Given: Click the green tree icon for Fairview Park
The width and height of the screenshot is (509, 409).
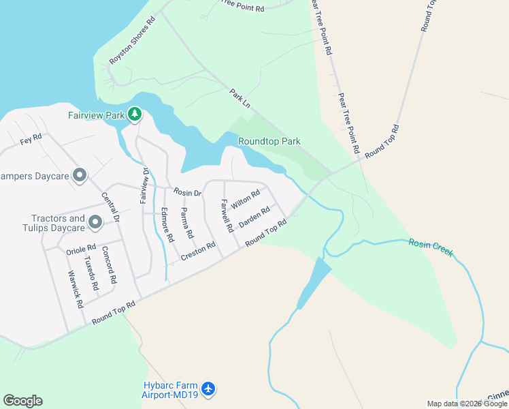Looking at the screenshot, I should pos(135,114).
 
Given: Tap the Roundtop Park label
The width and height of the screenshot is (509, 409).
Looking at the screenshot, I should pos(269,142).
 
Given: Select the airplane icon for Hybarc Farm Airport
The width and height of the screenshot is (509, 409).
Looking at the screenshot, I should pos(208,389).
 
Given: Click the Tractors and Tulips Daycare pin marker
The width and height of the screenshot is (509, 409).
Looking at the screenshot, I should pos(95,222).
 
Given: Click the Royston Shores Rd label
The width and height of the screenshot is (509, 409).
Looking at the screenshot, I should pos(133,40).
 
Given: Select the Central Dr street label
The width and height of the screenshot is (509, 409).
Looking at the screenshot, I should pos(110,209).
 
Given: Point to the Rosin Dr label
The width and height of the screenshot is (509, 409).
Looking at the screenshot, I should pos(187,193).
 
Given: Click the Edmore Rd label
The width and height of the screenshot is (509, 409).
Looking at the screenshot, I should pos(167,226).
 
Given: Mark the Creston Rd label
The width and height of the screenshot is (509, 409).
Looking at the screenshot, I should pos(198,252).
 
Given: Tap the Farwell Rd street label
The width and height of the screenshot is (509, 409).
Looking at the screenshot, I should pos(227,215).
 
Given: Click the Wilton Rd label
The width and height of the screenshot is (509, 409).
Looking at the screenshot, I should pos(245,200).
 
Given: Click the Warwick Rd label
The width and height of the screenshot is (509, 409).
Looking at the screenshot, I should pos(75,289).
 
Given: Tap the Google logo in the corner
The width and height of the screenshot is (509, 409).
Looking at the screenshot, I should pos(22,401).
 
